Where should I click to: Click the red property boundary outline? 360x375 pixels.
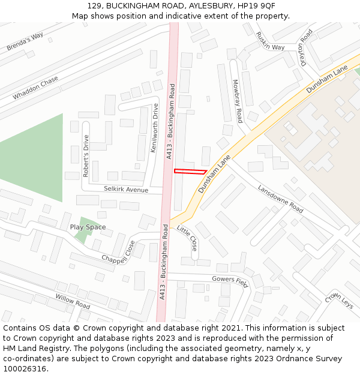[190, 172]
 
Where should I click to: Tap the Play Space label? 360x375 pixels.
[88, 227]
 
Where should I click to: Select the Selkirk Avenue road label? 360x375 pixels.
[125, 190]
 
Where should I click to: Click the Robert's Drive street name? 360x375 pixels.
[86, 157]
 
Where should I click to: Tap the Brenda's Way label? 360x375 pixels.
[25, 42]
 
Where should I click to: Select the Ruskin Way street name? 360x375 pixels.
[269, 41]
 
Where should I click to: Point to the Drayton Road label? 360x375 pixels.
[304, 49]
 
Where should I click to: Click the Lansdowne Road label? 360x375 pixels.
[280, 199]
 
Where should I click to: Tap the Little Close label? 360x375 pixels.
[187, 238]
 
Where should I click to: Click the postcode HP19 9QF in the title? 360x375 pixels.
[257, 5]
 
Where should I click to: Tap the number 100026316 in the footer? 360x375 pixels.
[26, 369]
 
